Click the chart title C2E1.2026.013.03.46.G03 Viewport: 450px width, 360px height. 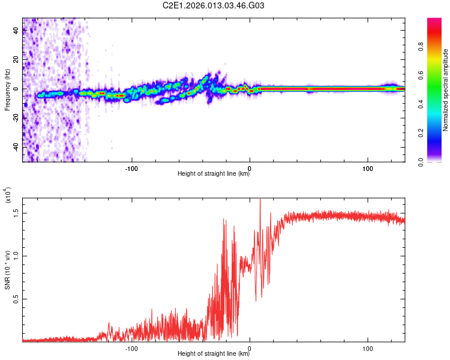pos(223,5)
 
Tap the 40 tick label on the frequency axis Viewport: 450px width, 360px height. pos(16,31)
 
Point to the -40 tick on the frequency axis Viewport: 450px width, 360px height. pos(15,146)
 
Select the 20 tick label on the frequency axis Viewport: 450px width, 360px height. pos(16,60)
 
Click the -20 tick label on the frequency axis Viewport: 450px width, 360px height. pos(15,118)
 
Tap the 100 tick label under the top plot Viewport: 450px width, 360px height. pos(367,167)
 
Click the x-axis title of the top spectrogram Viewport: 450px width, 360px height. pos(214,174)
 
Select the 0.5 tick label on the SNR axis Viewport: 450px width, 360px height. pos(15,298)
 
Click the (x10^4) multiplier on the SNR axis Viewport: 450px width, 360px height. pos(8,196)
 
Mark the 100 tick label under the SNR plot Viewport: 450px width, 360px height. pos(367,347)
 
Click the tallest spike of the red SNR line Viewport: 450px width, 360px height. pos(260,200)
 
